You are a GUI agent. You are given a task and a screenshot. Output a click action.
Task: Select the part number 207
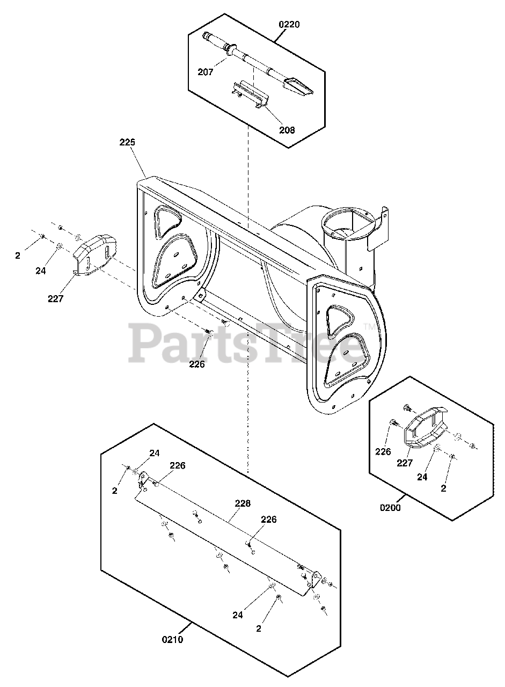pos(206,71)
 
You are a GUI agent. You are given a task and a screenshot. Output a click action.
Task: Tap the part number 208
pos(287,129)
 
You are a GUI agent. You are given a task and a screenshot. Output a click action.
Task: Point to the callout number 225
pos(127,143)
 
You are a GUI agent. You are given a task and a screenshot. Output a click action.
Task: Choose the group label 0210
pos(173,639)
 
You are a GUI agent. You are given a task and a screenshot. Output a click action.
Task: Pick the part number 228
pos(243,503)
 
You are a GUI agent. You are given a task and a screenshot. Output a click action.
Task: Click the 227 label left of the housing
pos(56,299)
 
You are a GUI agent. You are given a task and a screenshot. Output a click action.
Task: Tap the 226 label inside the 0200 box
pos(383,452)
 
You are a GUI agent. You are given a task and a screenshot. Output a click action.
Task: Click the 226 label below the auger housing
pos(197,364)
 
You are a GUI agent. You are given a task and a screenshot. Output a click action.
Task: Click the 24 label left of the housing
pos(41,271)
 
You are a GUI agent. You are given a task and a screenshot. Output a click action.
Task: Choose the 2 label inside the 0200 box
pos(443,488)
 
